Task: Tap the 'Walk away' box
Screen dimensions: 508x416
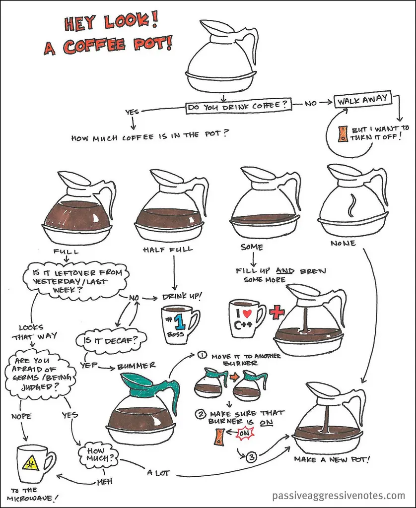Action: tap(360, 101)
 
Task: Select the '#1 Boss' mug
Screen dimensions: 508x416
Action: tap(179, 324)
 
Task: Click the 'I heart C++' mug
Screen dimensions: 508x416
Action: tap(245, 317)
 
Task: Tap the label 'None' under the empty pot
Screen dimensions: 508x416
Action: tap(343, 244)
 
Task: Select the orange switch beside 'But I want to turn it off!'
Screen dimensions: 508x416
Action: tap(342, 133)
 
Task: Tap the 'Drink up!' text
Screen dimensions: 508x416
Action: tap(182, 297)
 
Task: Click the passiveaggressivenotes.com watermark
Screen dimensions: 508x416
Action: tap(339, 495)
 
